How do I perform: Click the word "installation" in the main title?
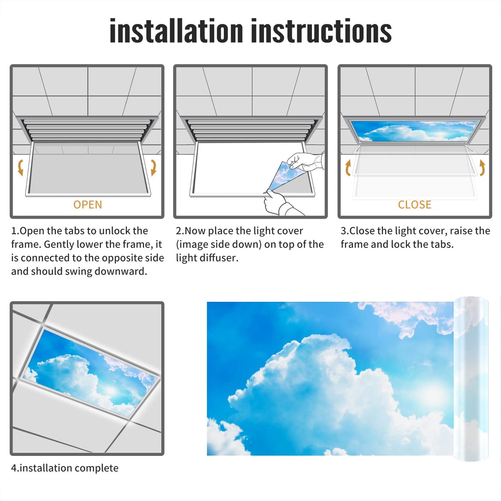[x=176, y=30]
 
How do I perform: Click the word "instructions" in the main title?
[x=321, y=30]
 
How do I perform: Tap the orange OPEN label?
[x=88, y=205]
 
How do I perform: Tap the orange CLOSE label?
[x=415, y=205]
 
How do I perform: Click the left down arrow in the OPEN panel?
[x=20, y=168]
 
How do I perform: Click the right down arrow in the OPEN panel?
[x=154, y=168]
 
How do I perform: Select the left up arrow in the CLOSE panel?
[x=348, y=168]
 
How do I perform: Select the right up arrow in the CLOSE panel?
[x=482, y=168]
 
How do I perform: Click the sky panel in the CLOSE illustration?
[x=415, y=131]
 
